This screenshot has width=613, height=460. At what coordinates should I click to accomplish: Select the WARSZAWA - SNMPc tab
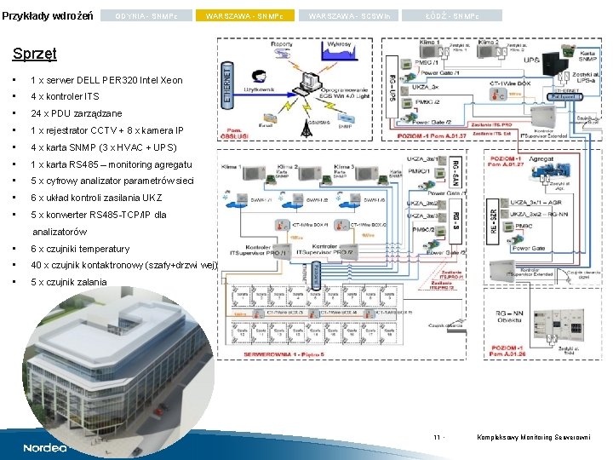point(246,16)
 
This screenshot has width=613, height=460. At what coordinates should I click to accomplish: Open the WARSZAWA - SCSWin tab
point(350,16)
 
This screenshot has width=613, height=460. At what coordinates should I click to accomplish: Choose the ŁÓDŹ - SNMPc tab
point(453,16)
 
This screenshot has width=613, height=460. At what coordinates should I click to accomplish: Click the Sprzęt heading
point(35,54)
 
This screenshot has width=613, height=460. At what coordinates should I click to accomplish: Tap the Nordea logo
point(44,447)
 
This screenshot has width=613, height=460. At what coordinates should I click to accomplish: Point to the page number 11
point(437,438)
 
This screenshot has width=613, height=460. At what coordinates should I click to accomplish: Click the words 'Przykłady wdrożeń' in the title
point(49,16)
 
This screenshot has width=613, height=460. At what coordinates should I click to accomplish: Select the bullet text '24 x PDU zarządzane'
point(76,113)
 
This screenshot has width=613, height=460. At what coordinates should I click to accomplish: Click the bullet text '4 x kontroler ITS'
point(65,96)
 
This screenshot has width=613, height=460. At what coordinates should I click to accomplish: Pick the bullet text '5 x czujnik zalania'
point(69,282)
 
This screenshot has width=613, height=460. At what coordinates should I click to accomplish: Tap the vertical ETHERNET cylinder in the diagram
point(227,83)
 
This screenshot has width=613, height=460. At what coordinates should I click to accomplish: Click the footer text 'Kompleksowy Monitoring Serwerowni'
point(535,438)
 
